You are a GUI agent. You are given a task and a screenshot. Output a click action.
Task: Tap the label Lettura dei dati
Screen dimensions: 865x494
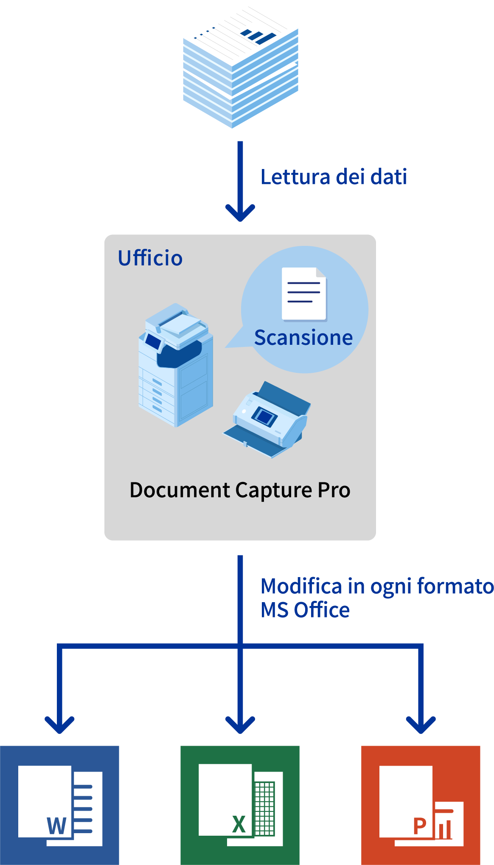click(x=334, y=177)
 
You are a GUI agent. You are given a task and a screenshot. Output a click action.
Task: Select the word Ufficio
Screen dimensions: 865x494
click(x=150, y=258)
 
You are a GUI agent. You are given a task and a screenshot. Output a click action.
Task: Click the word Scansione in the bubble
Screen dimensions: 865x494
click(x=303, y=338)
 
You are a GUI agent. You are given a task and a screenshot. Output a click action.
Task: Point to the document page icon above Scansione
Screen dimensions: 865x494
click(x=304, y=293)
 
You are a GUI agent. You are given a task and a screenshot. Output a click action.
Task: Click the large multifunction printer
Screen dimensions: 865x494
click(x=176, y=365)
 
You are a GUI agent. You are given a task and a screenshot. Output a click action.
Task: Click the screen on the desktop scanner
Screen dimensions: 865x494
click(x=264, y=417)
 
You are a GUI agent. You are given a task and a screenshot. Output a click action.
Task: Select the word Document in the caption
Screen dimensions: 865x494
click(x=180, y=490)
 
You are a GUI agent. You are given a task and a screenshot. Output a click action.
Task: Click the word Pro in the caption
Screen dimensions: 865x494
click(x=334, y=490)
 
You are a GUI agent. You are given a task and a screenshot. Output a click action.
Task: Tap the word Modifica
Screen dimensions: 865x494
click(x=301, y=586)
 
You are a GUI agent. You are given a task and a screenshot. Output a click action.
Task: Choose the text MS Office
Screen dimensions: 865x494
click(x=305, y=610)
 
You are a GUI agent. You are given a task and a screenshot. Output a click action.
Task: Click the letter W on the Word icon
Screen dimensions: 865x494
click(x=57, y=826)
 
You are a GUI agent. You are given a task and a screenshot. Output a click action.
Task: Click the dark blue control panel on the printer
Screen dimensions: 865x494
click(x=152, y=341)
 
